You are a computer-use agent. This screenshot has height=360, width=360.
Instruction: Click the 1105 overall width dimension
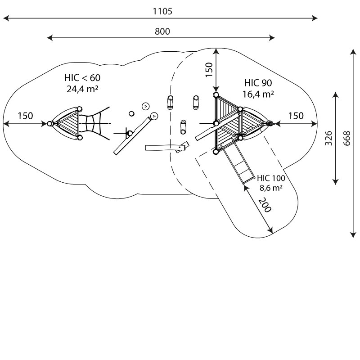(x=162, y=12)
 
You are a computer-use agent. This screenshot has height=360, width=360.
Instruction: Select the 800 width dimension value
(x=162, y=31)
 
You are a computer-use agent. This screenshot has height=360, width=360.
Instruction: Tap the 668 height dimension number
(x=346, y=138)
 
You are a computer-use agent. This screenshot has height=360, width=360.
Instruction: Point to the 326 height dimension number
(x=329, y=138)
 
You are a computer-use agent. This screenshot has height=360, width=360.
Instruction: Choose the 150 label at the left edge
(x=25, y=116)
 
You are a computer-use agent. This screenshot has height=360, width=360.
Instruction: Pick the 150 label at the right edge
(x=296, y=116)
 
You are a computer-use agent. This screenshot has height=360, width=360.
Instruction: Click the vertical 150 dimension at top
(x=209, y=70)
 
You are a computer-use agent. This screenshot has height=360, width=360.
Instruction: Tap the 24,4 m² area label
(x=82, y=89)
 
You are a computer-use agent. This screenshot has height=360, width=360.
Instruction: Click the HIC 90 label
(x=258, y=83)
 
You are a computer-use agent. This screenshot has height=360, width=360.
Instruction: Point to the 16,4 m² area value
(x=258, y=94)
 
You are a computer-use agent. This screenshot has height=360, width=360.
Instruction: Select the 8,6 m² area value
(x=271, y=188)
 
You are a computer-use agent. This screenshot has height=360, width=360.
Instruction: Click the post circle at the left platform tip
(x=50, y=123)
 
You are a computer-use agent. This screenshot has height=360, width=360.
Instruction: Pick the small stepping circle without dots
(x=131, y=113)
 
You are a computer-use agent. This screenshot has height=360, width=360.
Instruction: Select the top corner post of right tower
(x=216, y=95)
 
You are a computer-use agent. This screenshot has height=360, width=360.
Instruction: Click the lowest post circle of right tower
(x=216, y=151)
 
